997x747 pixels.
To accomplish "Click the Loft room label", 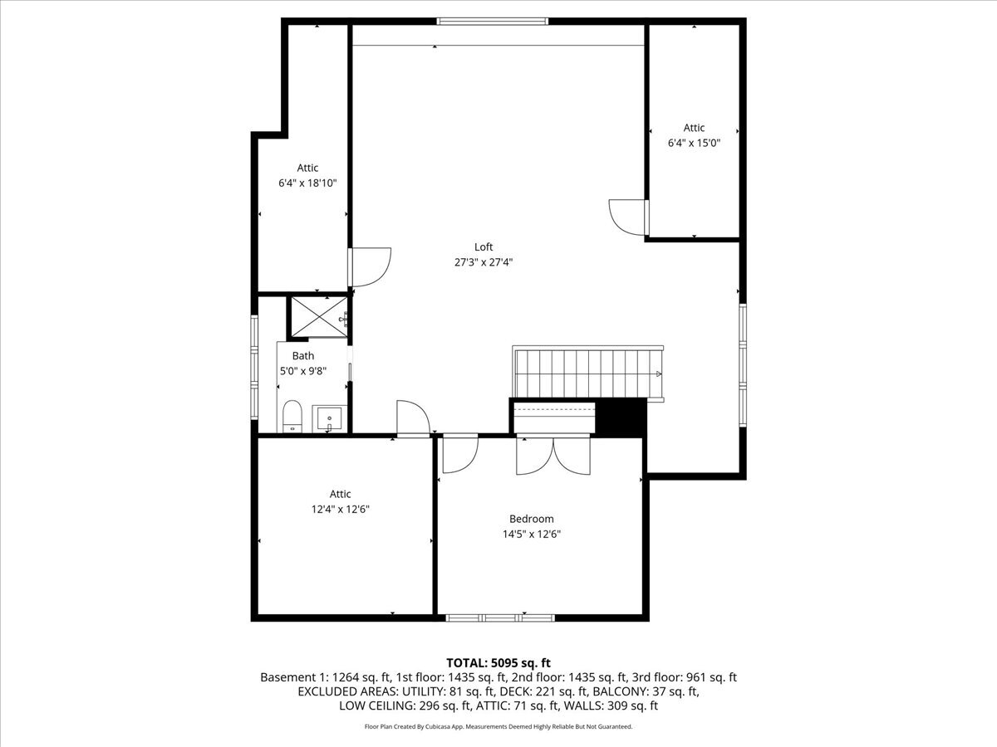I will click(x=484, y=247).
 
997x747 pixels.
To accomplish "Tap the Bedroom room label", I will click(x=531, y=519).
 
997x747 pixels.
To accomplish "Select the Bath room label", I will click(x=302, y=355).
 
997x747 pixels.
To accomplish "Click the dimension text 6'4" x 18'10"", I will click(x=307, y=183).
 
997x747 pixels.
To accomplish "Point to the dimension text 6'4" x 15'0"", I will click(x=694, y=143).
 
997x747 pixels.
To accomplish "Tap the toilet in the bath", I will click(x=292, y=416).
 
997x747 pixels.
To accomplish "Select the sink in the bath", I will click(x=330, y=417).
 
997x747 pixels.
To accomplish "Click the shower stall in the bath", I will click(x=317, y=317).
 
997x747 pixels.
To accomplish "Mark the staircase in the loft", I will click(x=588, y=373).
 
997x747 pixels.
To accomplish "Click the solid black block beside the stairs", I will click(x=621, y=417).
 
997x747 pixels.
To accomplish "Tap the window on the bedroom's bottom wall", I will click(x=500, y=618).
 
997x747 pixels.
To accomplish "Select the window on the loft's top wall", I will click(x=493, y=21).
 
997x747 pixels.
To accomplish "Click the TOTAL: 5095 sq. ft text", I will click(x=498, y=662).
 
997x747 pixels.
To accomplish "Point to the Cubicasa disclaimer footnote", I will click(x=498, y=726).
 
